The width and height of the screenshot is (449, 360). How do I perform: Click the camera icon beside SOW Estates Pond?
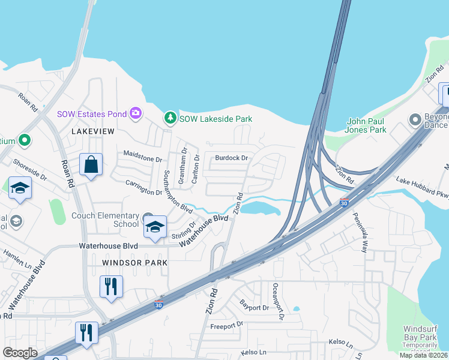[136, 113]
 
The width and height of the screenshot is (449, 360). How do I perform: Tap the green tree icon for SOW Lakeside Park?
[171, 119]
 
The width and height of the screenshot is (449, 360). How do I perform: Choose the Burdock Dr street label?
[232, 158]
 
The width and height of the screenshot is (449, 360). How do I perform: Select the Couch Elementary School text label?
[104, 221]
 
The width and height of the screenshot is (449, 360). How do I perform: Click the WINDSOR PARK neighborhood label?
[126, 263]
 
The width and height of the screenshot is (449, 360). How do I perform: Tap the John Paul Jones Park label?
[375, 125]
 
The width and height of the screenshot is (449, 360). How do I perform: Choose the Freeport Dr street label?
[226, 325]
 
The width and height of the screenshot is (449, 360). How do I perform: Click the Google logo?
[20, 353]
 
